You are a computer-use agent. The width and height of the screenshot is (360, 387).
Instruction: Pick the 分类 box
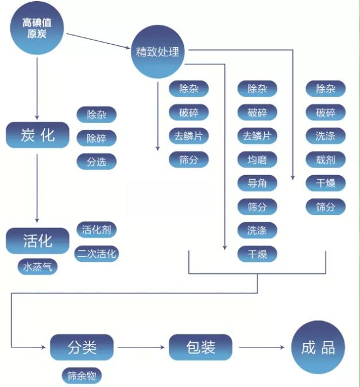click(82, 347)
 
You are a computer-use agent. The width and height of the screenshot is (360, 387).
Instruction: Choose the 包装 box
click(201, 347)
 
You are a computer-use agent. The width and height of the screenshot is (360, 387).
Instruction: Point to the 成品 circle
click(318, 347)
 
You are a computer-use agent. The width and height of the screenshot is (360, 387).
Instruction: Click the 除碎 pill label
click(96, 138)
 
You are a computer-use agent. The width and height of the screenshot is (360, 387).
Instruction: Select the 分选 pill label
click(96, 161)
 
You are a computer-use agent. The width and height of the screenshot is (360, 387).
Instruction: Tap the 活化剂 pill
click(96, 230)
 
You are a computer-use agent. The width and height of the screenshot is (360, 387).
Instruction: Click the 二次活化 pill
click(96, 253)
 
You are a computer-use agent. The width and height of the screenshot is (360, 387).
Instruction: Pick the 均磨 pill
click(257, 160)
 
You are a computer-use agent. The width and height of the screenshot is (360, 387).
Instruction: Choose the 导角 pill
click(257, 183)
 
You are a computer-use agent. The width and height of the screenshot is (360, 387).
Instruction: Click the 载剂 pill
click(326, 160)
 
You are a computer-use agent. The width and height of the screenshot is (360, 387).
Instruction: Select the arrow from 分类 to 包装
click(141, 347)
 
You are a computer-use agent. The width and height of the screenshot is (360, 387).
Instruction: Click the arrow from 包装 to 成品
click(261, 347)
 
